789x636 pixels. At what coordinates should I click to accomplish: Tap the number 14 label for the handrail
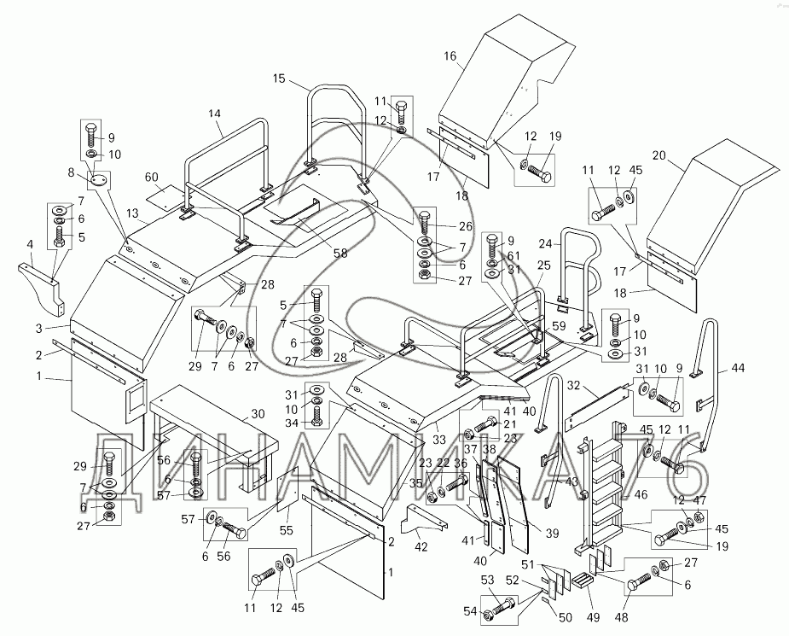[214, 114]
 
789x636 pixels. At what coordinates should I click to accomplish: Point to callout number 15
[278, 79]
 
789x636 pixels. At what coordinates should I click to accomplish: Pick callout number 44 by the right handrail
[737, 369]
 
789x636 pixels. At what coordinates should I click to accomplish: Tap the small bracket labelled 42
[424, 516]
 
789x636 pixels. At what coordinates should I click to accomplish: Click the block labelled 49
[584, 580]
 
